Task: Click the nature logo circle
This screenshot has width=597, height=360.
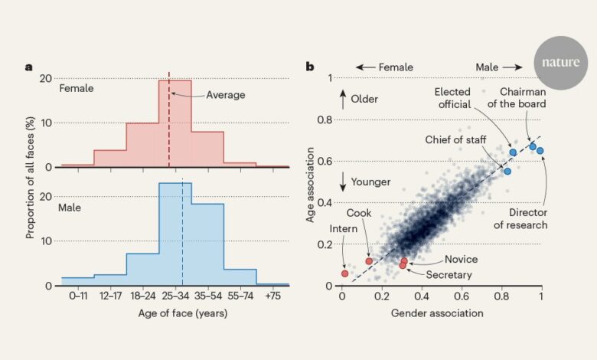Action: coord(561,63)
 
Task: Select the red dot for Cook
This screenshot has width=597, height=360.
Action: coord(369,261)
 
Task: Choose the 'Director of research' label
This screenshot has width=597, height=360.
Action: coord(521,218)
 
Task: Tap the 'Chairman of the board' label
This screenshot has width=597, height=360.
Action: coord(524,99)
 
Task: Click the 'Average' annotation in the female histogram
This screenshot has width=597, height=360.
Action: coord(226,95)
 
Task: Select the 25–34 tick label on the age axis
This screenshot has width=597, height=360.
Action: coord(175,295)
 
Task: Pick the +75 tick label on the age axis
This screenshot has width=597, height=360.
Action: coord(273,295)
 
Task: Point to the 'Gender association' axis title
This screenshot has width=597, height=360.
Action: coord(437,313)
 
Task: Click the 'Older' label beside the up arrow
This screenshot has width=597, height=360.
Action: coord(364,99)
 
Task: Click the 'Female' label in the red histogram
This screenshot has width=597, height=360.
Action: coord(77,88)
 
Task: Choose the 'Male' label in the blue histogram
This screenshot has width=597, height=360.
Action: coord(71,207)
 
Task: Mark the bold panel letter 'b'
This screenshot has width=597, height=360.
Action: coord(310,67)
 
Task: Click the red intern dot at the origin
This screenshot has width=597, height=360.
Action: coord(344,273)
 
